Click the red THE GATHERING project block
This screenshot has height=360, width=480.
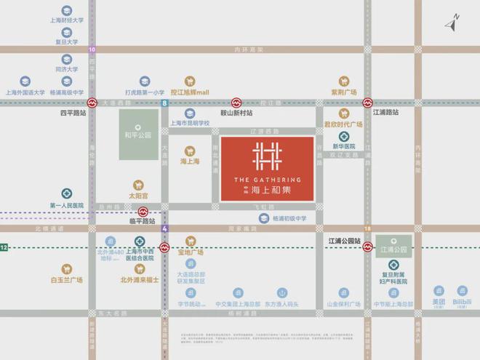(x=268, y=169)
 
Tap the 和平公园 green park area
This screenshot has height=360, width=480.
(x=137, y=135)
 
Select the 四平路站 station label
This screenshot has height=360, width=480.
(x=73, y=114)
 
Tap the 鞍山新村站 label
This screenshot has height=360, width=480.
(x=236, y=114)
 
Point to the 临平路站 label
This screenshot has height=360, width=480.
(x=143, y=220)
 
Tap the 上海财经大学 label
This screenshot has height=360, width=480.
(x=66, y=22)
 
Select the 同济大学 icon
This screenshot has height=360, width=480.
(x=66, y=60)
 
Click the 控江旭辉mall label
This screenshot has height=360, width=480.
(x=190, y=93)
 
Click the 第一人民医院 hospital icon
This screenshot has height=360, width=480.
(x=66, y=194)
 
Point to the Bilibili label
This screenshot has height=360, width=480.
(x=462, y=301)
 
